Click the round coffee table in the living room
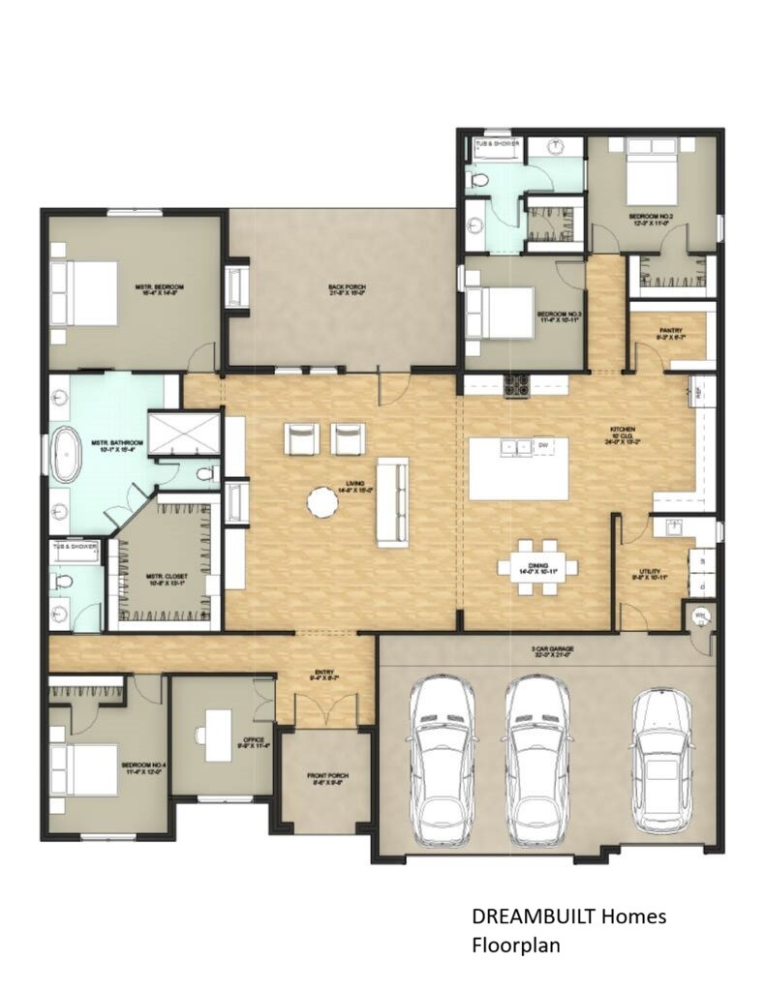[322, 501]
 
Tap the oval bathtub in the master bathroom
[66, 455]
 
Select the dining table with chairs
[537, 567]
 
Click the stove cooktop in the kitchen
[516, 385]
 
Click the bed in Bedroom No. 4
[84, 768]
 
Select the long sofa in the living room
[392, 501]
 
